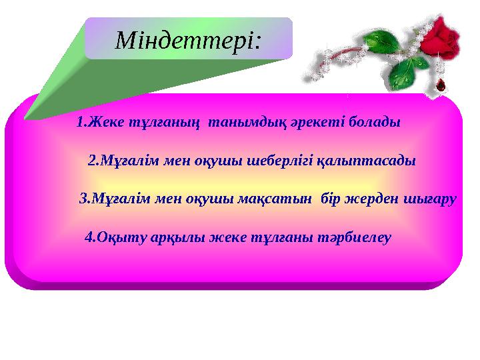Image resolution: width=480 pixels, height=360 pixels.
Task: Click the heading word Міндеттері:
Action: tap(188, 41)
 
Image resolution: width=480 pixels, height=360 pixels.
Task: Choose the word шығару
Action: tap(431, 199)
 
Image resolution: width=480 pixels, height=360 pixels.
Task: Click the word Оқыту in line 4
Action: tap(118, 237)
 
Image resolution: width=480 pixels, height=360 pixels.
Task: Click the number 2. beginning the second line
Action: tap(93, 161)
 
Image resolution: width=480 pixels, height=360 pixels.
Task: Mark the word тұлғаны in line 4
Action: tap(281, 237)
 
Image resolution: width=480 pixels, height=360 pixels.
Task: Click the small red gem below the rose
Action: tap(440, 84)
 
